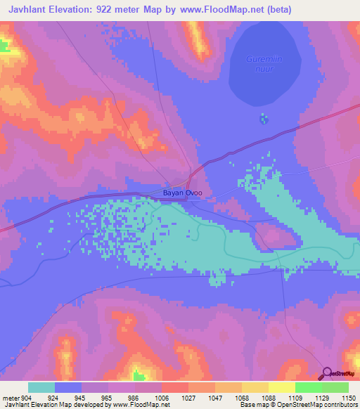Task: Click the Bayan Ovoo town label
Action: tap(182, 193)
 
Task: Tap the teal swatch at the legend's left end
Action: tap(41, 387)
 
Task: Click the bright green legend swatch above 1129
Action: tap(308, 387)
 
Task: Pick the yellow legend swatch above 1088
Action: tap(255, 387)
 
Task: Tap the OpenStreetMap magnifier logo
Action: tap(328, 374)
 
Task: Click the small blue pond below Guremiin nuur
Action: tap(264, 118)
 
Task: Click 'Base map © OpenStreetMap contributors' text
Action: tap(298, 405)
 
